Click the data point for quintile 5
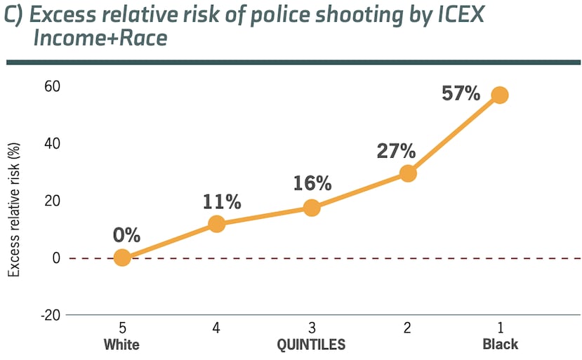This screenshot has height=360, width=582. tap(122, 258)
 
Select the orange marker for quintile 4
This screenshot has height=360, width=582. tap(217, 225)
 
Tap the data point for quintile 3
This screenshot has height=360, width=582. tap(312, 208)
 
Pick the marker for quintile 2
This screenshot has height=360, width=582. tap(408, 173)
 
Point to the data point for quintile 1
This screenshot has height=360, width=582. tap(500, 95)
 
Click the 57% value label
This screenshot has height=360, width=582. tap(461, 93)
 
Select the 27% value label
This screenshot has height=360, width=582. tap(397, 151)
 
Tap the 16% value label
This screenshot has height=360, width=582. tap(312, 184)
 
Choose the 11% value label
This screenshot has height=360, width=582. tap(222, 202)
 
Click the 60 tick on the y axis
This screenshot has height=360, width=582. tap(53, 86)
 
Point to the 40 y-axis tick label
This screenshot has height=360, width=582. tap(53, 143)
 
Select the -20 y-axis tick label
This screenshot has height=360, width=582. tap(50, 315)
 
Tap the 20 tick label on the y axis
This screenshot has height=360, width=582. tap(53, 201)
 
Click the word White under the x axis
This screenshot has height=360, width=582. tap(122, 345)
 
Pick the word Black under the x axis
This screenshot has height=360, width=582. tap(500, 345)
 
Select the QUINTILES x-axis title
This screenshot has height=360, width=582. tap(311, 345)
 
